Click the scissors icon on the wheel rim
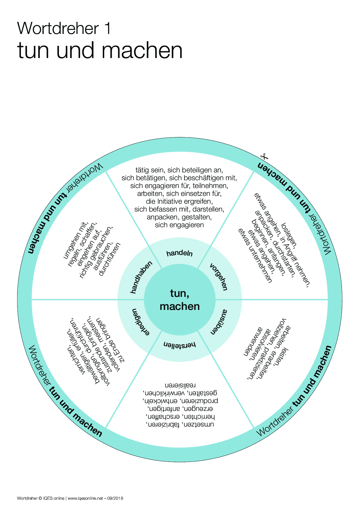(264, 157)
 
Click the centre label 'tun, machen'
(180, 300)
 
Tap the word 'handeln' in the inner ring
(179, 253)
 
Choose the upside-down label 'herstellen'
(180, 345)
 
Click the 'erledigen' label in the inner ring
(141, 322)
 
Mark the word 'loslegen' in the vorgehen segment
(289, 235)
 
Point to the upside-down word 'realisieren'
(180, 386)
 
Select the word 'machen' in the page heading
(142, 51)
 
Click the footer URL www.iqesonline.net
(85, 499)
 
